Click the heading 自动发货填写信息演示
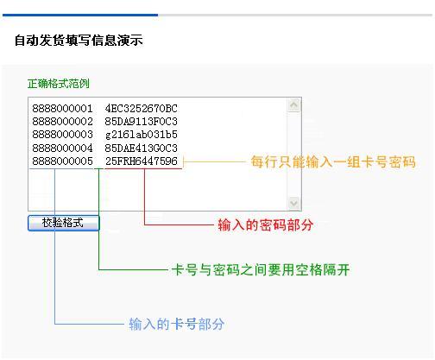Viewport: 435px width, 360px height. point(79,40)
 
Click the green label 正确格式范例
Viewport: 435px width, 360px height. point(59,84)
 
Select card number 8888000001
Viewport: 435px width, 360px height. point(62,109)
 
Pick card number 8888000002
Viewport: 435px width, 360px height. point(62,122)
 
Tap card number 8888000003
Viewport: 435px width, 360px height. point(62,135)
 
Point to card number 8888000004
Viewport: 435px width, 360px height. point(62,148)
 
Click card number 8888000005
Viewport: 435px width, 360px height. point(62,161)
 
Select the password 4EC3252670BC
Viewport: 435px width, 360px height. point(142,109)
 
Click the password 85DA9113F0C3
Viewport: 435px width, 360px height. point(142,122)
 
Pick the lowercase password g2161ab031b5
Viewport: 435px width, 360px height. point(142,135)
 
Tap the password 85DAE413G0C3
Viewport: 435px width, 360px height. point(142,148)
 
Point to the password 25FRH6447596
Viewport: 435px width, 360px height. point(142,161)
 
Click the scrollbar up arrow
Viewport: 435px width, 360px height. point(293,105)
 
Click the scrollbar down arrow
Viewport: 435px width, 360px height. point(293,203)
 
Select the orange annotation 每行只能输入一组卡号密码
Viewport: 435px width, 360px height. point(333,161)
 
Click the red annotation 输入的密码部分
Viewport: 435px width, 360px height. point(266,224)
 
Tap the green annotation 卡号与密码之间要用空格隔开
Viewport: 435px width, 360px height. point(261,269)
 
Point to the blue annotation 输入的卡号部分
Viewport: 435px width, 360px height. point(177,324)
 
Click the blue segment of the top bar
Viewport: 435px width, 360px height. point(80,15)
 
